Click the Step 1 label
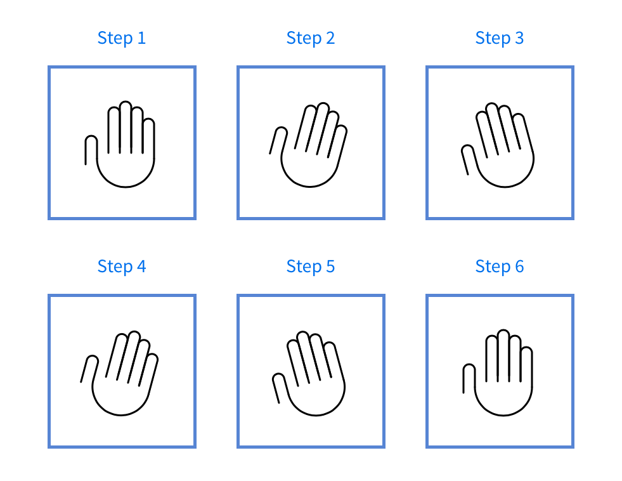pyautogui.click(x=121, y=38)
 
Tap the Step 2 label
pyautogui.click(x=310, y=38)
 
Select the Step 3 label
pyautogui.click(x=499, y=38)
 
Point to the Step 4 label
pyautogui.click(x=121, y=267)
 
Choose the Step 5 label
pyautogui.click(x=310, y=267)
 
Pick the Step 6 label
pyautogui.click(x=499, y=267)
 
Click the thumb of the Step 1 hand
pyautogui.click(x=91, y=150)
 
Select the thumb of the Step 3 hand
pyautogui.click(x=468, y=159)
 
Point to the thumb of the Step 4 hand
pyautogui.click(x=89, y=369)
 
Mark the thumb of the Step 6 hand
pyautogui.click(x=469, y=378)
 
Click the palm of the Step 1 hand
pyautogui.click(x=126, y=168)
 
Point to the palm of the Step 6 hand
pyautogui.click(x=503, y=397)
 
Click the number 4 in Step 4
pyautogui.click(x=141, y=267)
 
